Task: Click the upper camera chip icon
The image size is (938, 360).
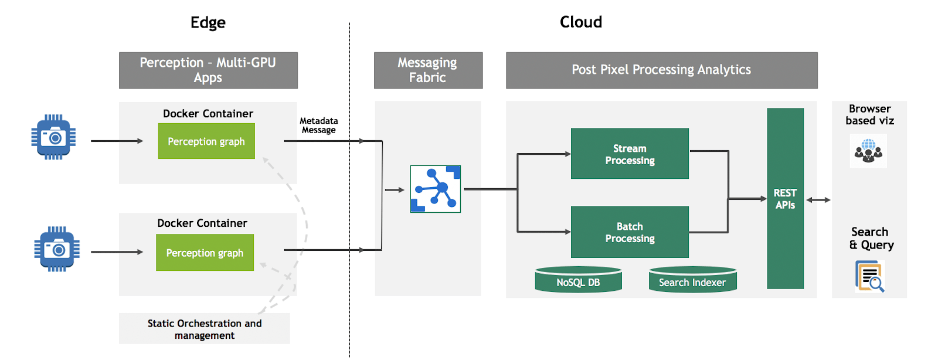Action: tap(53, 137)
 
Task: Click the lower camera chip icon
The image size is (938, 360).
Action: tap(57, 249)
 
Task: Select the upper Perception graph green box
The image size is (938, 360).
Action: tap(206, 141)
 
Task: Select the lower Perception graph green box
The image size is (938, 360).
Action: tap(205, 253)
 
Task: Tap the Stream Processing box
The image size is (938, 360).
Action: tap(630, 154)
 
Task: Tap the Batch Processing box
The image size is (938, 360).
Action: tap(630, 232)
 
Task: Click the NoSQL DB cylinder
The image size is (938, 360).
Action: tap(578, 280)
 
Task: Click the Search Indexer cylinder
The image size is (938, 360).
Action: tap(692, 280)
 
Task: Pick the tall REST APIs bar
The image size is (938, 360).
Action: tap(785, 198)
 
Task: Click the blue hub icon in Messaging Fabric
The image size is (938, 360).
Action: tap(436, 189)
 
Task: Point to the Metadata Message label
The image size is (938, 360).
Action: tap(318, 125)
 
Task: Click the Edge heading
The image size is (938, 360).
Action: tap(208, 23)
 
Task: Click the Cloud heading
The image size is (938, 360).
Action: tap(580, 22)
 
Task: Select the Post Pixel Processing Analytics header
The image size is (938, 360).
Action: tap(661, 70)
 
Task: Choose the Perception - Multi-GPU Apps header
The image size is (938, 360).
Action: tap(208, 70)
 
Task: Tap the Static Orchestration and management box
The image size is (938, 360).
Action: tap(205, 329)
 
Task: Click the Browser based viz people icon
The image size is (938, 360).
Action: tap(868, 151)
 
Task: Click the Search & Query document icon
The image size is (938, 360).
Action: tap(869, 276)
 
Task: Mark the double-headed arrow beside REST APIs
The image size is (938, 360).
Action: tap(818, 200)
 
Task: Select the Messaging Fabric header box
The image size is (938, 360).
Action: tap(428, 70)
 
